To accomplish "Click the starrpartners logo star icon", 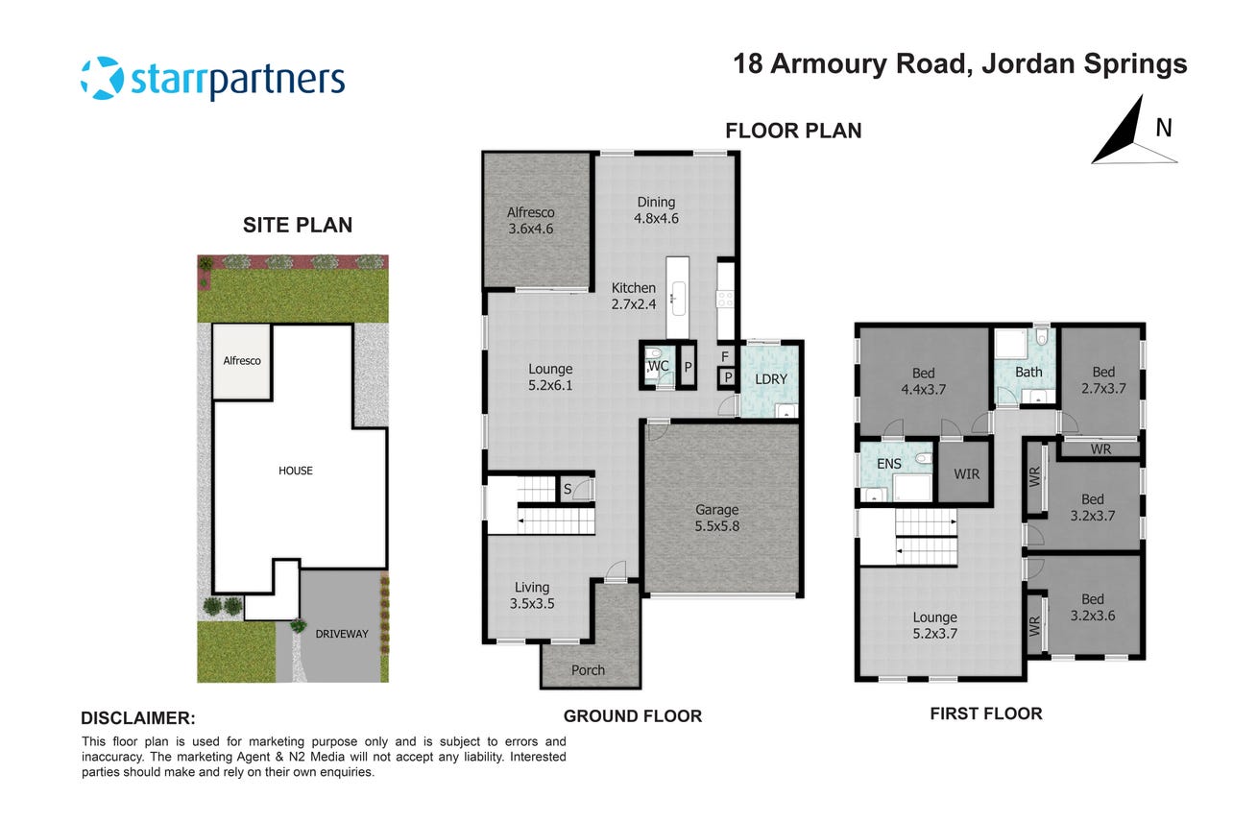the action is (x=103, y=78).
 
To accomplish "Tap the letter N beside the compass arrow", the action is (x=1164, y=128).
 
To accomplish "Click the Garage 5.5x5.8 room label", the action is (x=716, y=519).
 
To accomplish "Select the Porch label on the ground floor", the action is (x=588, y=670).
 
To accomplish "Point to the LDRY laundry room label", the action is (x=770, y=379).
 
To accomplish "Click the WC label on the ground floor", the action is (x=658, y=366).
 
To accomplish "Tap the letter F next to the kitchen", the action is (x=725, y=357).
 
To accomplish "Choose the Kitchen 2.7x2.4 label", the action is (x=634, y=296).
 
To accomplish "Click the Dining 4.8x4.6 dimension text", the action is (x=656, y=219).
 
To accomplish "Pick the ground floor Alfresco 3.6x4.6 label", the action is (x=531, y=220).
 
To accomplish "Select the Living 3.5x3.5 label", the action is (x=532, y=595).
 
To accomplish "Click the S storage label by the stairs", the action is (x=568, y=489).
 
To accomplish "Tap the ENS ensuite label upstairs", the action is (x=889, y=464).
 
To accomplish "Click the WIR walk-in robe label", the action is (x=967, y=474).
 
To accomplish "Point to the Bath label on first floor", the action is (x=1028, y=373).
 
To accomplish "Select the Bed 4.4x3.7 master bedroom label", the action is (x=923, y=381).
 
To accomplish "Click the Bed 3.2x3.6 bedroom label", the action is (x=1093, y=607).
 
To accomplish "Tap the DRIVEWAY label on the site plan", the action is (x=342, y=634).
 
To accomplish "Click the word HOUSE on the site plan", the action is (x=296, y=471).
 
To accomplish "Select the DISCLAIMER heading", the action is (x=138, y=718).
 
